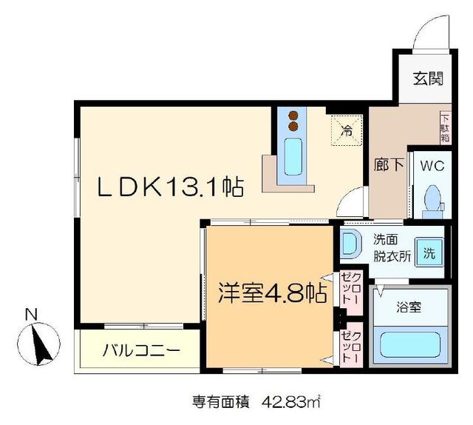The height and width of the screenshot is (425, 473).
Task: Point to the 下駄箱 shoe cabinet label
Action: [x=445, y=127]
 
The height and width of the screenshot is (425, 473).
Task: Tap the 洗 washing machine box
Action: [x=428, y=251]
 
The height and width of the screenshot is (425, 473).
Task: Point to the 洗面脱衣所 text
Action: [x=389, y=246]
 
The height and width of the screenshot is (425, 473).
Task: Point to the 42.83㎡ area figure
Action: [x=289, y=403]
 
